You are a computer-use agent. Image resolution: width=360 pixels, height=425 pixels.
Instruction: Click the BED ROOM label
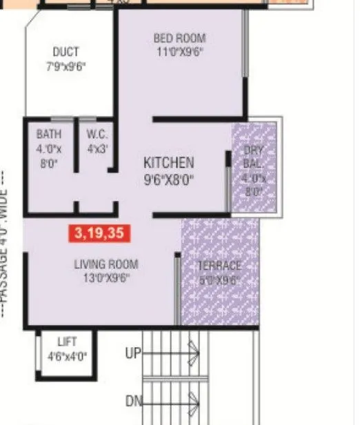click(x=179, y=38)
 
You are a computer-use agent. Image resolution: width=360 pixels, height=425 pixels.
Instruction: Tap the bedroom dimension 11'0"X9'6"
click(x=179, y=51)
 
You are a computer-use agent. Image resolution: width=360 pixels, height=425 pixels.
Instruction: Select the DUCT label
click(x=66, y=52)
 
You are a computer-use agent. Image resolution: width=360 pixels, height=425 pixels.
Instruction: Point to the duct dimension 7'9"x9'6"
click(x=66, y=66)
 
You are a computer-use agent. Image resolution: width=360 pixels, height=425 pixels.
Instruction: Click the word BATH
click(x=49, y=134)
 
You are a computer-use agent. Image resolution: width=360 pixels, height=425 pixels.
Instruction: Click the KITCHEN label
click(x=168, y=163)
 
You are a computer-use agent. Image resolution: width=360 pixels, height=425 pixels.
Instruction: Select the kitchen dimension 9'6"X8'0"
click(x=168, y=181)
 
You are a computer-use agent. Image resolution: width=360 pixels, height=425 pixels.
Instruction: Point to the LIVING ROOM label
click(x=106, y=264)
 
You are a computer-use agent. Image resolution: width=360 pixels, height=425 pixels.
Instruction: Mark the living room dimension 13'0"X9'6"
click(x=106, y=278)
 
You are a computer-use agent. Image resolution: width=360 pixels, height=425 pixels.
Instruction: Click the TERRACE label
click(x=219, y=266)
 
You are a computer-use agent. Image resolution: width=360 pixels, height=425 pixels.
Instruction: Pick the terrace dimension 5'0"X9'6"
click(x=219, y=279)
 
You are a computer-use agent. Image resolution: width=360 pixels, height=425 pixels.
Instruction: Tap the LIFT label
click(x=68, y=342)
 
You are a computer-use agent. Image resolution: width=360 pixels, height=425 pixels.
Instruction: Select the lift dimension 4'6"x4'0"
click(x=68, y=356)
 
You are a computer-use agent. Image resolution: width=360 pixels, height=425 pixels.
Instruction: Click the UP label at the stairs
click(x=133, y=354)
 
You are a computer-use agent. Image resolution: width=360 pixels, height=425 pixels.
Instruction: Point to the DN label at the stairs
click(x=133, y=401)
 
